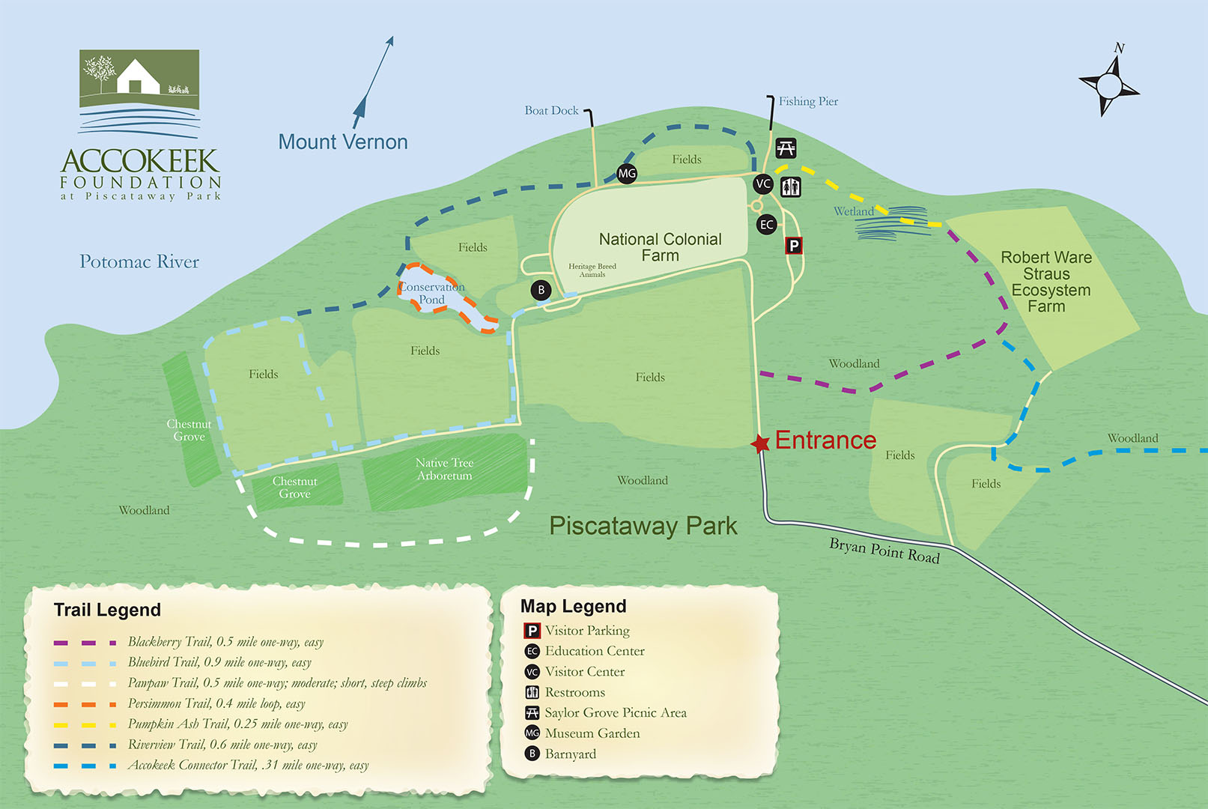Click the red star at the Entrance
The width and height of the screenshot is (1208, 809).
(x=760, y=443)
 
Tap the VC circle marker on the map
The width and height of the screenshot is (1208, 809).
(x=763, y=184)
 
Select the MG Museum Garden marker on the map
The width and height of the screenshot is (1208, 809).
(x=627, y=174)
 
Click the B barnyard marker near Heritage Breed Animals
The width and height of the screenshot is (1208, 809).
(x=541, y=290)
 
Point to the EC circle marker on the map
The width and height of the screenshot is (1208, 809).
(x=766, y=224)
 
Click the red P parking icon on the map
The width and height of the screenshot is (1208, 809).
(x=794, y=246)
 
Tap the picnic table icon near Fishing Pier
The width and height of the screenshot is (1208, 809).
(x=786, y=148)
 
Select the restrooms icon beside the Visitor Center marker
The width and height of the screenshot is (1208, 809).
(x=791, y=187)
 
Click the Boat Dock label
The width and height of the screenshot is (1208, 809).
(x=551, y=111)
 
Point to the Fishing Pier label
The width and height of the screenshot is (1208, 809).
(x=808, y=101)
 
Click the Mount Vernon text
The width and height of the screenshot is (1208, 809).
(x=343, y=142)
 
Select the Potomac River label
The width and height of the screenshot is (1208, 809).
(x=139, y=261)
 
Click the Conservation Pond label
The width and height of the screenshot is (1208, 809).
(x=431, y=293)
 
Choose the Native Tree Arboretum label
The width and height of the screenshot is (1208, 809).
(x=445, y=469)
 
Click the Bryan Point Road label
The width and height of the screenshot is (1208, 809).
(x=884, y=551)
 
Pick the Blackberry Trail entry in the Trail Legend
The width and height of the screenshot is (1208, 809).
(x=225, y=642)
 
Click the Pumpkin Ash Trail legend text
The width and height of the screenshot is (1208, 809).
(x=237, y=724)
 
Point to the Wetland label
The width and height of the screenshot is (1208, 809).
(x=854, y=212)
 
